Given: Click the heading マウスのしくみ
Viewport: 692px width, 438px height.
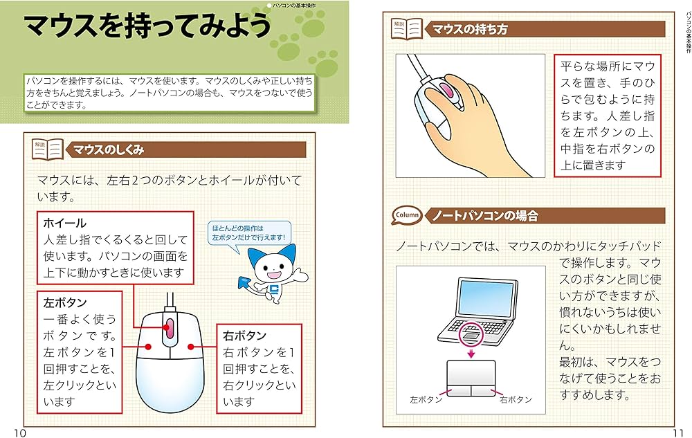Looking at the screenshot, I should [109, 149].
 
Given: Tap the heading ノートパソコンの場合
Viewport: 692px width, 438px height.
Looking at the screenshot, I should [484, 216].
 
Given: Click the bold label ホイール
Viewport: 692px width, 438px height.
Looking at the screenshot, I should [64, 223].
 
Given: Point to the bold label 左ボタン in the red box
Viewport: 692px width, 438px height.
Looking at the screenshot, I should [64, 302].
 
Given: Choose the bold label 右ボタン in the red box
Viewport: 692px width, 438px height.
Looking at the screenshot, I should [240, 336].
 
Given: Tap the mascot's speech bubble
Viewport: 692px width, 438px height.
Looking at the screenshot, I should [249, 232].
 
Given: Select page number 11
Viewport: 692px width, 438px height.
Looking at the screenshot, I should [677, 432].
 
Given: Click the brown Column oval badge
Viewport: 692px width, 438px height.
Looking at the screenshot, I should [407, 216].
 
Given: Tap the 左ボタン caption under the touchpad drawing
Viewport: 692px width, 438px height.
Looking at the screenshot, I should [426, 399].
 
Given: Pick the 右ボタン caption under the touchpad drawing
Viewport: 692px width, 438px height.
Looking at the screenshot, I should [516, 399].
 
